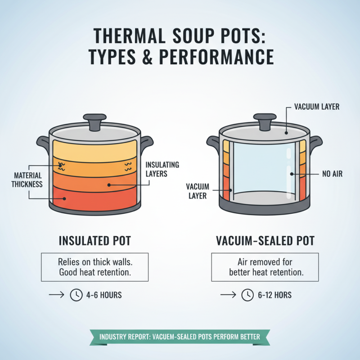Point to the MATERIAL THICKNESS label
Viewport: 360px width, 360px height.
point(28,179)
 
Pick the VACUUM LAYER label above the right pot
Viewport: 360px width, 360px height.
point(316,107)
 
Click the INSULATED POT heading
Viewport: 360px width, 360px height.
point(95,241)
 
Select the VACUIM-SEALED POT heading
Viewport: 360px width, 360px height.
point(264,241)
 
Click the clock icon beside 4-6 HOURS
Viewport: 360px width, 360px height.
point(76,295)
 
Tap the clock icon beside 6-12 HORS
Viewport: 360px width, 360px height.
point(247,295)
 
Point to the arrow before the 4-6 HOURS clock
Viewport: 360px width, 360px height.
point(56,295)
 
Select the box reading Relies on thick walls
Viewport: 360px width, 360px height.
point(95,267)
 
